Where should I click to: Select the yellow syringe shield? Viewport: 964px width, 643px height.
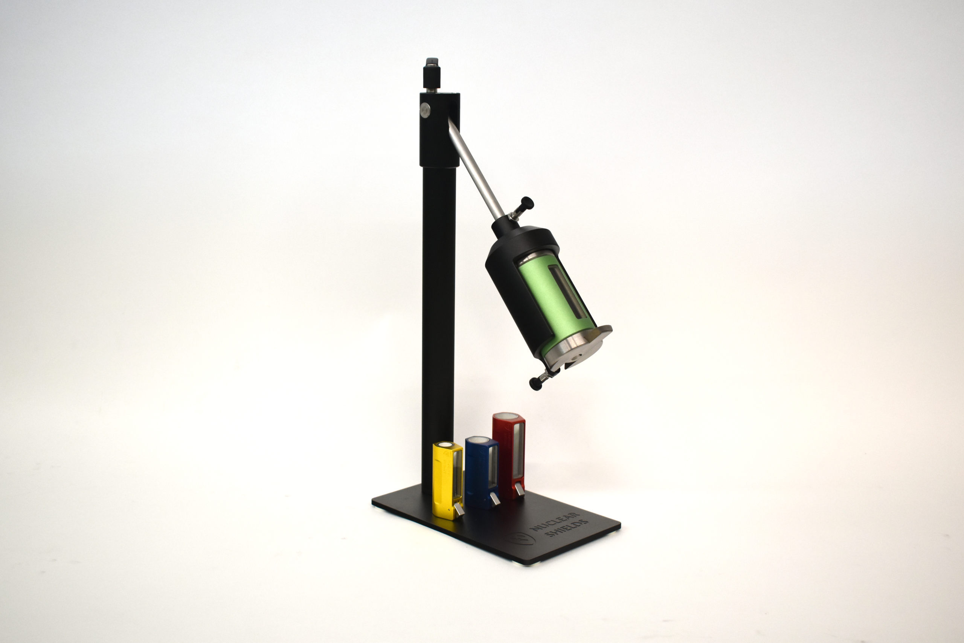[448, 481]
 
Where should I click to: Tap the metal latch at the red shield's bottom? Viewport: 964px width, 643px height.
[519, 489]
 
